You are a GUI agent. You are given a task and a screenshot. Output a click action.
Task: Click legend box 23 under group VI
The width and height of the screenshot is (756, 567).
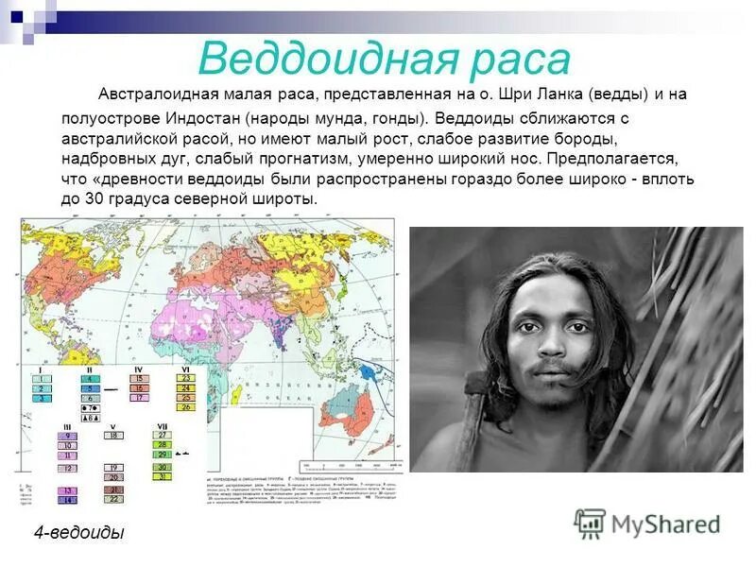[x=186, y=378]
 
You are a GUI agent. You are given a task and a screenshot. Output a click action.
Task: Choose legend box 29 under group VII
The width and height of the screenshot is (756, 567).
[x=163, y=455]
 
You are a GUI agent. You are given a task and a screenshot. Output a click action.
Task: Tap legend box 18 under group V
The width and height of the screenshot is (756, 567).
[x=113, y=435]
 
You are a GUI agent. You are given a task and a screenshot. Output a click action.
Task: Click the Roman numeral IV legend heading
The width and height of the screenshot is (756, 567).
[x=138, y=369]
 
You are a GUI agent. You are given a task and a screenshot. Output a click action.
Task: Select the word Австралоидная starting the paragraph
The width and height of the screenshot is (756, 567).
[x=157, y=95]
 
